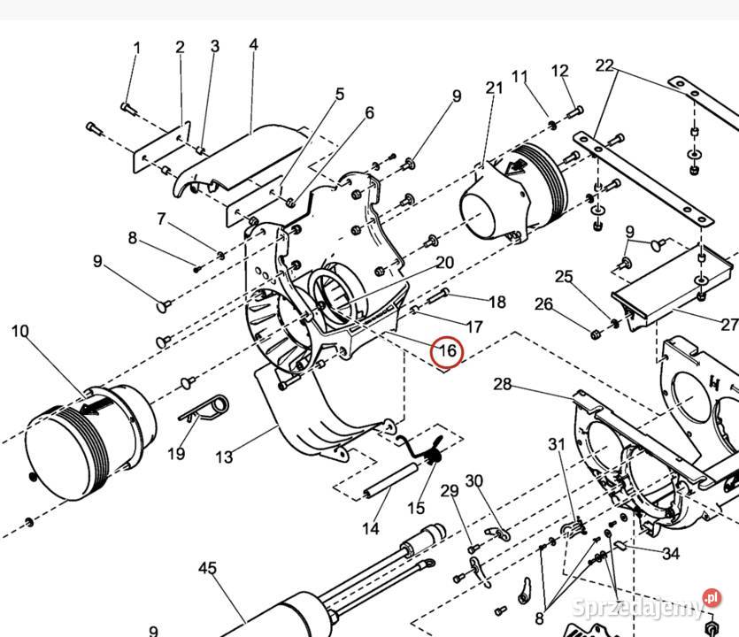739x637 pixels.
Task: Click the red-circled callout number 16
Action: point(447,351)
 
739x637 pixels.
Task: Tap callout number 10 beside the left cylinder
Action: point(20,331)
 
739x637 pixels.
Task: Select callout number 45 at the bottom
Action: point(208,568)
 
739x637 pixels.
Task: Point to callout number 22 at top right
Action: point(604,65)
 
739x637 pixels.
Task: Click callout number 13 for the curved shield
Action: point(224,457)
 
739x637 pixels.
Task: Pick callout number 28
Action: point(503,385)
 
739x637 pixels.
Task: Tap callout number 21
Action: point(495,88)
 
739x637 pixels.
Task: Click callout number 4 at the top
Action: point(253,45)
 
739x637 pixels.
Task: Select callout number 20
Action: point(444,263)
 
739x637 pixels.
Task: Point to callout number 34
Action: point(671,553)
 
